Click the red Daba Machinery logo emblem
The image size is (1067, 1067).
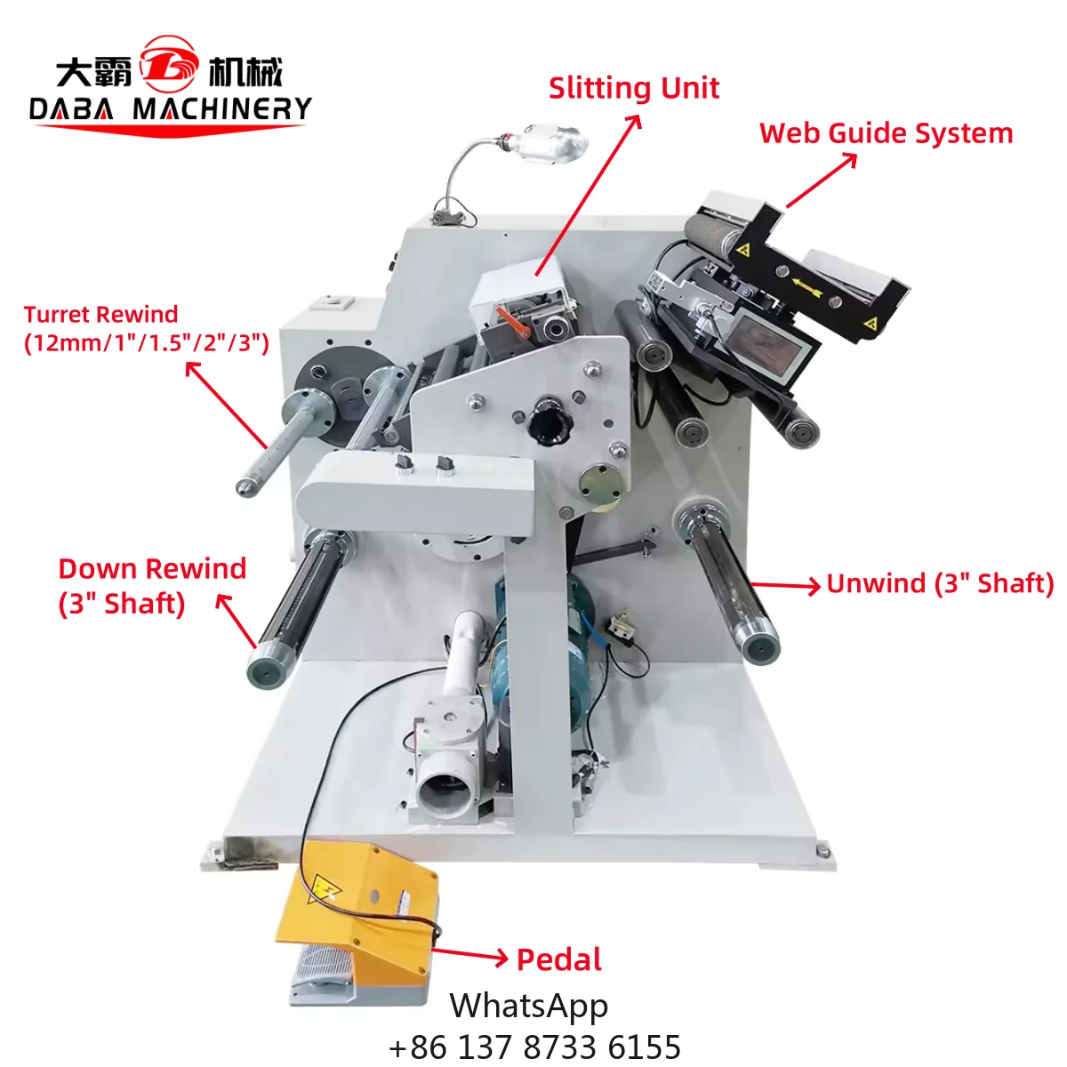tap(170, 64)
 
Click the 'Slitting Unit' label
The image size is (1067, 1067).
tap(633, 88)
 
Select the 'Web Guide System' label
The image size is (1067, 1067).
tap(886, 133)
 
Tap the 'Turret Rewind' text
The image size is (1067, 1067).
tap(100, 315)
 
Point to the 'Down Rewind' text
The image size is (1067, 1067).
tap(152, 569)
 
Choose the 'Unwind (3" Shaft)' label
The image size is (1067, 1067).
tap(940, 584)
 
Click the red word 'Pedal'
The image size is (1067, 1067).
tap(559, 959)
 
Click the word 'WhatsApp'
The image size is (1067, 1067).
tap(529, 1006)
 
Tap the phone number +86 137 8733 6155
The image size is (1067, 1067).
tap(535, 1047)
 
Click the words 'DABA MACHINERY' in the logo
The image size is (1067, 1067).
tap(170, 109)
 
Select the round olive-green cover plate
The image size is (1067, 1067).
tap(600, 486)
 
